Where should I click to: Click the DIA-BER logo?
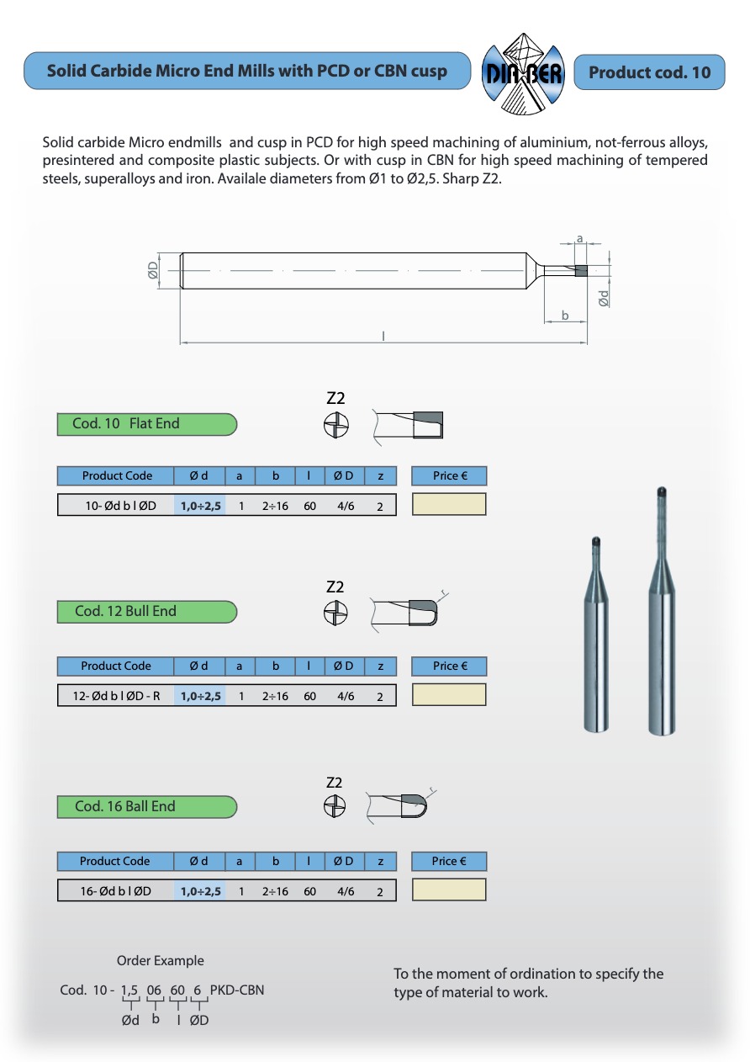(x=521, y=72)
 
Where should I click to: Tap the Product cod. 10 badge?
(x=649, y=72)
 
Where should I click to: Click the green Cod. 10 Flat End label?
(x=146, y=424)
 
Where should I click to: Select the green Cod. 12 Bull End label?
(x=146, y=612)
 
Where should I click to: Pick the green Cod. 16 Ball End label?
(x=146, y=807)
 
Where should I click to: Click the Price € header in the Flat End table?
(x=449, y=476)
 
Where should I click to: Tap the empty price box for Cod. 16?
(x=449, y=889)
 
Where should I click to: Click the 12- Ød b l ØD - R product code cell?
(x=116, y=696)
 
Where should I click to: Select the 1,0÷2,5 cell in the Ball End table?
(x=200, y=891)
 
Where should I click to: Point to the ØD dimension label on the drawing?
(x=153, y=269)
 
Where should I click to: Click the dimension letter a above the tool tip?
(x=579, y=240)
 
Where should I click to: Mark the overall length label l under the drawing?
(x=383, y=336)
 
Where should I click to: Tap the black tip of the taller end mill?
(x=662, y=490)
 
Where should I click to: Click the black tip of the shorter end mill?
(x=596, y=541)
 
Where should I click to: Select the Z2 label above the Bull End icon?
(x=335, y=587)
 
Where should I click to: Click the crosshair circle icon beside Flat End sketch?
(x=335, y=426)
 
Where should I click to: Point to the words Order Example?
(x=160, y=961)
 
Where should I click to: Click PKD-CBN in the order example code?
(x=237, y=990)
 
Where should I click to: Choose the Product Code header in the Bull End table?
(x=116, y=666)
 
